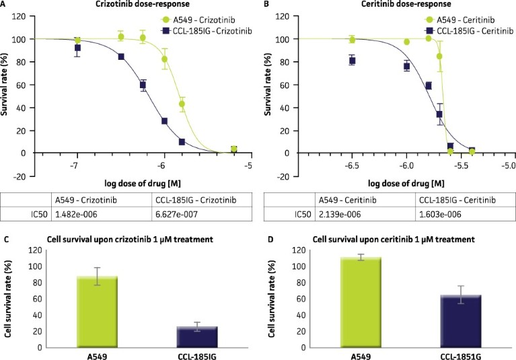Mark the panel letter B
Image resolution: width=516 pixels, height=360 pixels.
coord(266,5)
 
